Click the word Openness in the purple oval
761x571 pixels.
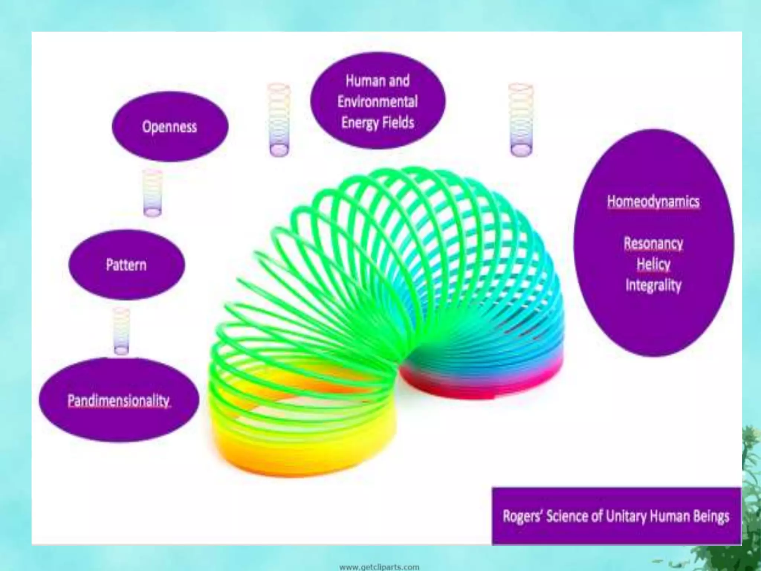pyautogui.click(x=169, y=127)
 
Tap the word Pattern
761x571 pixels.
pyautogui.click(x=126, y=265)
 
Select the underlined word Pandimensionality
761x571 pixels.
pyautogui.click(x=119, y=401)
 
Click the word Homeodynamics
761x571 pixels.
pyautogui.click(x=653, y=202)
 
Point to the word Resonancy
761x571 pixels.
pyautogui.click(x=653, y=243)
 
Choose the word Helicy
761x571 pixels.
pyautogui.click(x=653, y=264)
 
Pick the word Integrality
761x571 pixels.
pyautogui.click(x=653, y=285)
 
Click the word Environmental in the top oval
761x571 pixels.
pyautogui.click(x=378, y=101)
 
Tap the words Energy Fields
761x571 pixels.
pyautogui.click(x=378, y=122)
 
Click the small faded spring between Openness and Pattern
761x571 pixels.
pyautogui.click(x=153, y=193)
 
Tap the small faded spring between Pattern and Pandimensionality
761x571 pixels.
pyautogui.click(x=121, y=331)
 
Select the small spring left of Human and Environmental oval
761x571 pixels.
pyautogui.click(x=279, y=120)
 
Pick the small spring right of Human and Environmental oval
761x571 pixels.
pyautogui.click(x=521, y=120)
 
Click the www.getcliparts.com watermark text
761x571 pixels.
pyautogui.click(x=379, y=567)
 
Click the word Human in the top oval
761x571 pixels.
pyautogui.click(x=360, y=81)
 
